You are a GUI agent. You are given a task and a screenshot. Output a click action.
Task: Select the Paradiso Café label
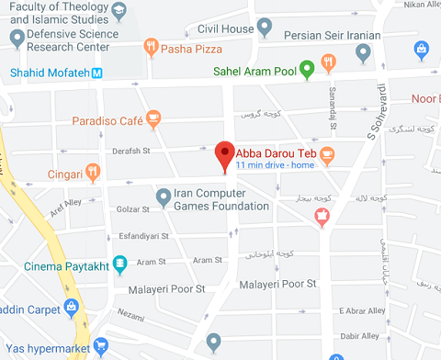click(106, 118)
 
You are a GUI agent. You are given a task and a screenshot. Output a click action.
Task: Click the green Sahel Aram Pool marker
click(309, 67)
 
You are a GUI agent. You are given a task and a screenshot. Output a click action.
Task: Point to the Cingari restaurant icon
click(92, 172)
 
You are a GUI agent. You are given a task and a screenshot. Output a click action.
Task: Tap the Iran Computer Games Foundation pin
click(163, 196)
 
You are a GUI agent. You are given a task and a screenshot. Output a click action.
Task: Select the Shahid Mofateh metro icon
click(96, 73)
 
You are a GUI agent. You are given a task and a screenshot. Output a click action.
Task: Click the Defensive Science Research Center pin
click(17, 38)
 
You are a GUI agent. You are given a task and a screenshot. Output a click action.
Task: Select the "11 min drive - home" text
click(275, 165)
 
